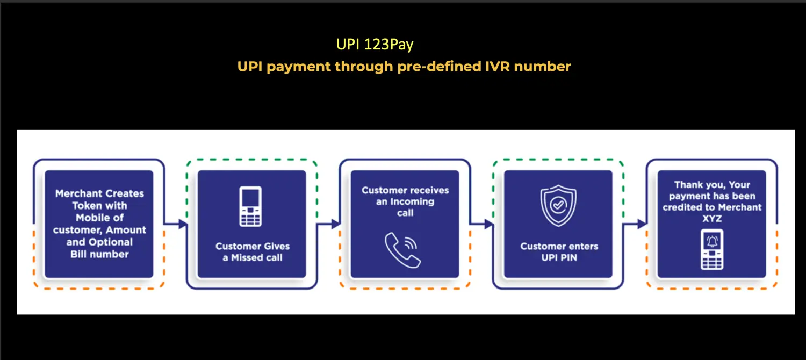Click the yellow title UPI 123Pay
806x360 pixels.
pyautogui.click(x=375, y=45)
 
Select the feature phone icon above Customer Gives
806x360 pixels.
pyautogui.click(x=250, y=206)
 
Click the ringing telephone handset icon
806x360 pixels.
pyautogui.click(x=402, y=250)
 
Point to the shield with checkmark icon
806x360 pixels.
pyautogui.click(x=558, y=205)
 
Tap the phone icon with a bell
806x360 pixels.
pyautogui.click(x=712, y=250)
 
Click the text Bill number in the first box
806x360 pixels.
pyautogui.click(x=99, y=254)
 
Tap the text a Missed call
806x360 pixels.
pyautogui.click(x=253, y=257)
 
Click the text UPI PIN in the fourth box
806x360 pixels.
pyautogui.click(x=559, y=257)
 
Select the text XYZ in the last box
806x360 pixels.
pyautogui.click(x=712, y=218)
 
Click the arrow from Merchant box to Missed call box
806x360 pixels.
pyautogui.click(x=176, y=224)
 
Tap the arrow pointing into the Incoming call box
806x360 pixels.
pyautogui.click(x=328, y=224)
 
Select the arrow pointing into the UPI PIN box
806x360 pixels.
pyautogui.click(x=482, y=224)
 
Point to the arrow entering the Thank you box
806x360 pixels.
pyautogui.click(x=635, y=224)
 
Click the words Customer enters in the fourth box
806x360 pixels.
pyautogui.click(x=559, y=246)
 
